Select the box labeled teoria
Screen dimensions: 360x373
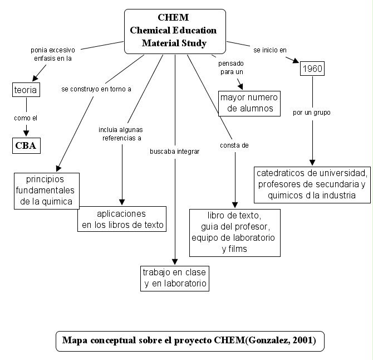26,90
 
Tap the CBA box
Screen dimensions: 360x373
27,145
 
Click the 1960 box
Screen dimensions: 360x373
312,69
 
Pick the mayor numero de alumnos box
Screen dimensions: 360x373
249,103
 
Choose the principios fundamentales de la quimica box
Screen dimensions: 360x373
46,190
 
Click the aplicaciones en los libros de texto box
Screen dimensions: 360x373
122,219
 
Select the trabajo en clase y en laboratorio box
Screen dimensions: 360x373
175,278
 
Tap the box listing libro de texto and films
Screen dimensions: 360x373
235,232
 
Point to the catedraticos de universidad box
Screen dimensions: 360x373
313,184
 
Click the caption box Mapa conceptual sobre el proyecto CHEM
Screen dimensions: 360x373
189,341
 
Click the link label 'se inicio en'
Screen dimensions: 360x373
274,50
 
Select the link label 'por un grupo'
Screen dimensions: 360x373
312,113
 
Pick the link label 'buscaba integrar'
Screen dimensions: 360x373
174,151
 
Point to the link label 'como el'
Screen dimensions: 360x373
26,118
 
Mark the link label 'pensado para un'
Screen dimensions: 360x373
229,67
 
